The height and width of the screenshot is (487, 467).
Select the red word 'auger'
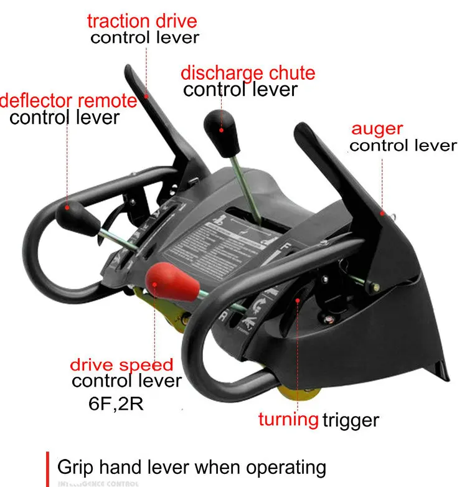click(x=377, y=130)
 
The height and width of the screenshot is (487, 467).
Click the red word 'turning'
click(x=288, y=418)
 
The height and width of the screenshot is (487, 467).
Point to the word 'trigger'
click(x=351, y=420)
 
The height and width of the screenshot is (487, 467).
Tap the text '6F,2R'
click(x=116, y=402)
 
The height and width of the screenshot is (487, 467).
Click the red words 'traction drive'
click(x=142, y=21)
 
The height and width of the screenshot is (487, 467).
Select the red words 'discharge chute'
click(x=248, y=72)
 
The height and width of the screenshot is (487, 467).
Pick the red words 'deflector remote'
click(x=68, y=100)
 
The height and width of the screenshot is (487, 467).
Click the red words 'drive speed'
click(x=121, y=364)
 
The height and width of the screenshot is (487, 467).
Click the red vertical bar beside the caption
click(x=48, y=468)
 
